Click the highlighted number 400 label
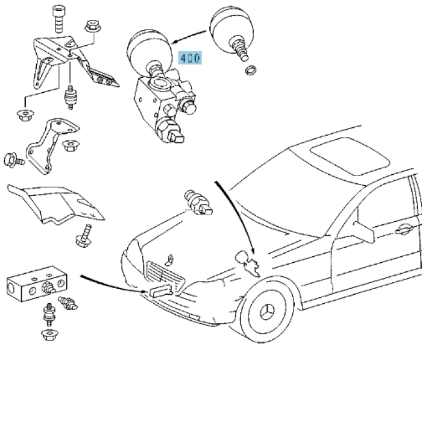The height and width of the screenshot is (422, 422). [x=190, y=58]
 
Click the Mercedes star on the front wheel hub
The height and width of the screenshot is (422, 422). [x=268, y=312]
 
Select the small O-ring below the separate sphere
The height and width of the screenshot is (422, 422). [x=251, y=71]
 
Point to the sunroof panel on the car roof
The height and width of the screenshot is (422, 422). [x=350, y=156]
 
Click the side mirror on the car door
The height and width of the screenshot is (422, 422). [x=364, y=232]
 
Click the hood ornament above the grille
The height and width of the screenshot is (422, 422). [x=169, y=260]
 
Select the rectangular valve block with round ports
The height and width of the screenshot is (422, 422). [x=37, y=283]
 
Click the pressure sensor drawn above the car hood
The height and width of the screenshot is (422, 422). [x=198, y=203]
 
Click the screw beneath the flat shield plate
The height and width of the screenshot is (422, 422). [x=84, y=236]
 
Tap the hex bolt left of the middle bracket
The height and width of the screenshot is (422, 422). [x=14, y=160]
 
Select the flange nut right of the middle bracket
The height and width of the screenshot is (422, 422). [x=70, y=146]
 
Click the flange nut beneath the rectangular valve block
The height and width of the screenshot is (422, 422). [x=50, y=335]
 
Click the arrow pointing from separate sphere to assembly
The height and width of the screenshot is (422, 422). [x=189, y=37]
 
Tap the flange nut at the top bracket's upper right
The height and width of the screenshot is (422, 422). [x=93, y=27]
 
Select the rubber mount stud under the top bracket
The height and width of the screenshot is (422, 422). [x=71, y=98]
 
